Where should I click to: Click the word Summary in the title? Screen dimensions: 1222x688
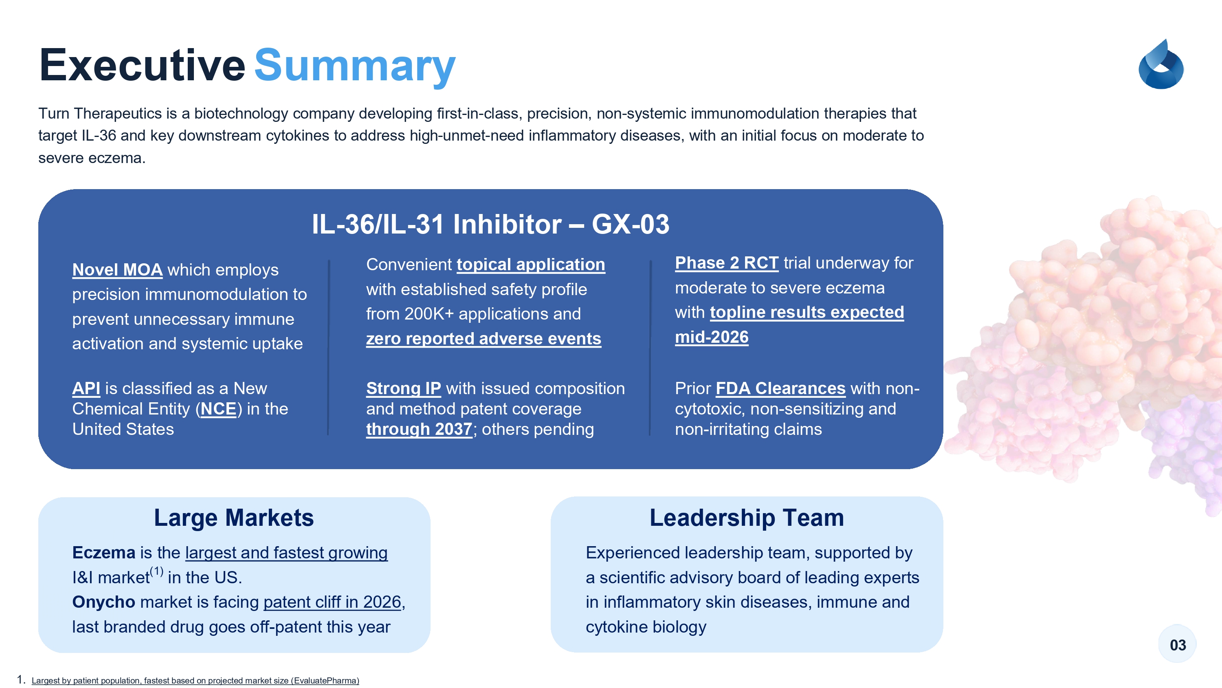pos(355,66)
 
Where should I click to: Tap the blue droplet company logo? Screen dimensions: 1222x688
pos(1161,64)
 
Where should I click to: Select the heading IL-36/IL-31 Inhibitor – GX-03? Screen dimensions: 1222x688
pos(490,224)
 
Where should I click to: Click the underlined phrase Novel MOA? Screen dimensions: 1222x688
pos(117,270)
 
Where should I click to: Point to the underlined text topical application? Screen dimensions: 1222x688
pos(531,265)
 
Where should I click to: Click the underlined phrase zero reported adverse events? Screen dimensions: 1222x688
pos(484,339)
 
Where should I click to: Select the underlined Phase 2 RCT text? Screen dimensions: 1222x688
pos(727,262)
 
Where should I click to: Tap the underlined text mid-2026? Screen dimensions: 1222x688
pos(712,337)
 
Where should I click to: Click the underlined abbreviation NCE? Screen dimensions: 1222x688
pos(218,409)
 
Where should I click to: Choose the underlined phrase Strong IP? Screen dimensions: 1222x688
pos(404,388)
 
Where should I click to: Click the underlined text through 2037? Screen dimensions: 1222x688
pos(419,429)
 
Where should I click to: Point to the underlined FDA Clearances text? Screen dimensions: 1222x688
pos(780,388)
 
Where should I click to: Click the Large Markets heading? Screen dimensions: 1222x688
pos(234,518)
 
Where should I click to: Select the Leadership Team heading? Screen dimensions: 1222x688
pos(747,518)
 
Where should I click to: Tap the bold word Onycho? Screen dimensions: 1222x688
pos(104,602)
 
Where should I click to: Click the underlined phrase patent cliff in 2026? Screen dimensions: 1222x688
pos(332,602)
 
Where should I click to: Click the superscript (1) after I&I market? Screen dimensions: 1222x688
pos(156,571)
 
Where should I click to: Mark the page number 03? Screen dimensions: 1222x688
pos(1178,645)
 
